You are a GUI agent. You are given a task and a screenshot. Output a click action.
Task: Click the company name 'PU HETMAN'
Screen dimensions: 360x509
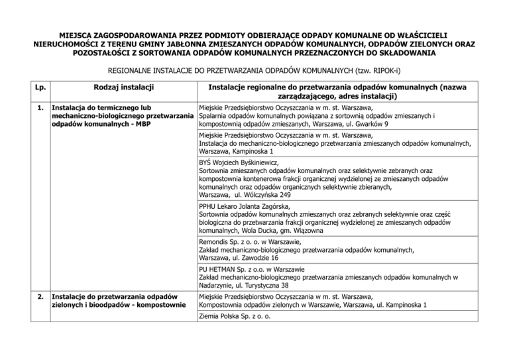click(x=221, y=270)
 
